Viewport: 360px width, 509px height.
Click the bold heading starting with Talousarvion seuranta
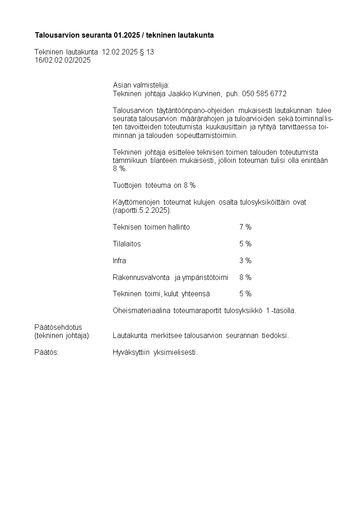124,35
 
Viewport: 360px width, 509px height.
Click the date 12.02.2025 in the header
120,52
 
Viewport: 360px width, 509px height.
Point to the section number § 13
147,52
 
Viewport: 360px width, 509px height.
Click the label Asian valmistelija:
141,85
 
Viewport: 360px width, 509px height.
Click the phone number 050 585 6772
264,94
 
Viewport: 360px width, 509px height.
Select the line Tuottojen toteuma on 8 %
154,186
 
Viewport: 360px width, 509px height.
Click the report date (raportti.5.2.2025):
141,210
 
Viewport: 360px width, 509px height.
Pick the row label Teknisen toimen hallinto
151,227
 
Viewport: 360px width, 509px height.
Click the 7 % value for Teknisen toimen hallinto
245,227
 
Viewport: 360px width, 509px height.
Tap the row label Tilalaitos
127,244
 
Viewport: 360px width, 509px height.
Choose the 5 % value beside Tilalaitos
245,244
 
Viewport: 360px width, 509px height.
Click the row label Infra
119,261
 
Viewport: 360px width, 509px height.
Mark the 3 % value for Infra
245,261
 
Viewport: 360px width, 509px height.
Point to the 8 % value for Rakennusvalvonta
245,278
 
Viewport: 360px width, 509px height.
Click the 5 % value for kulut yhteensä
245,294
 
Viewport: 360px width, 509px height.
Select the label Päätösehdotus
58,328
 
